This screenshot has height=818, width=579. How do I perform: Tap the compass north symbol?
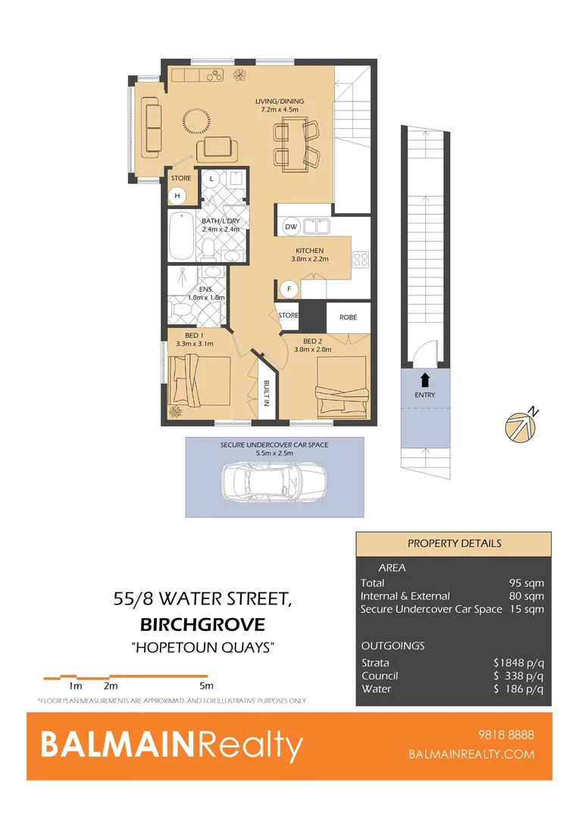520,426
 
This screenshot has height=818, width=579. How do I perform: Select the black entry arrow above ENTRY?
425,379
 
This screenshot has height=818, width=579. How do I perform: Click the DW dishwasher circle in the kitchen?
290,226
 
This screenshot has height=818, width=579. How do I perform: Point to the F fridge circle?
288,288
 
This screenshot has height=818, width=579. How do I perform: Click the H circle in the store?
178,196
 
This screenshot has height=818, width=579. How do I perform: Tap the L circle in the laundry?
211,180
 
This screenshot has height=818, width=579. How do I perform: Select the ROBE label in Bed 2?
348,317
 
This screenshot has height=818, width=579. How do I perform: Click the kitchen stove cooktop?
361,260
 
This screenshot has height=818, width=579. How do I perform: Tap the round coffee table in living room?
196,120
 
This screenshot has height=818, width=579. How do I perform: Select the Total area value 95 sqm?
526,583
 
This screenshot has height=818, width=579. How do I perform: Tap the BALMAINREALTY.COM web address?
471,754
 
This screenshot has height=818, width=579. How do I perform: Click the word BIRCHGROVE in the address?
202,625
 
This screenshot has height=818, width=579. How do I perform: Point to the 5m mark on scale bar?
205,685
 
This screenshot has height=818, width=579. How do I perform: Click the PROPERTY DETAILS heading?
454,543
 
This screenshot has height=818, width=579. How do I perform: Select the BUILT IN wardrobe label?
267,393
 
